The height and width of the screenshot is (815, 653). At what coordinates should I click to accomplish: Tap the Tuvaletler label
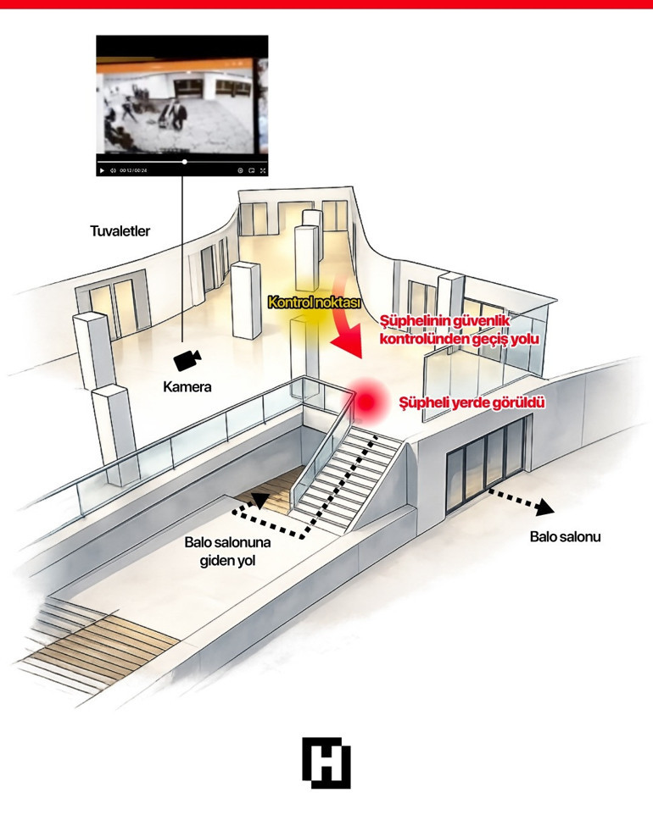point(120,231)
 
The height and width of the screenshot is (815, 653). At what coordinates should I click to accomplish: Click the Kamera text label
point(187,386)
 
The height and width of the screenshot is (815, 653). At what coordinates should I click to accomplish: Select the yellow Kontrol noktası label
point(314,302)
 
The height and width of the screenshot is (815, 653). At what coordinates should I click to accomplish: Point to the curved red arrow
point(348,317)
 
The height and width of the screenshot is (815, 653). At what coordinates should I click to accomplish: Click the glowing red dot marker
point(367,402)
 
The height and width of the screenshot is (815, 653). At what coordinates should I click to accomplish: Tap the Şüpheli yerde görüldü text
point(472,402)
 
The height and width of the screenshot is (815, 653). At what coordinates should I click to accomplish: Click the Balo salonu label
point(565,536)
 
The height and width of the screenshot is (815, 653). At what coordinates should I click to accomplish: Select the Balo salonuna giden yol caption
point(228,552)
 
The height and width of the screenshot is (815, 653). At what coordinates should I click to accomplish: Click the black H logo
point(326,762)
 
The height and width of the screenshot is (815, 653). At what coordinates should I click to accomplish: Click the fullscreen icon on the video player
point(263,170)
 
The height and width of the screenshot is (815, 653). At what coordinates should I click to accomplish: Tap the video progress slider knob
point(185,162)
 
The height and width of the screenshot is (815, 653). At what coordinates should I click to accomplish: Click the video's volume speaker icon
point(113,170)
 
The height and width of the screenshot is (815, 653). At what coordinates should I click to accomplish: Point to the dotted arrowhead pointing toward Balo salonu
point(544,507)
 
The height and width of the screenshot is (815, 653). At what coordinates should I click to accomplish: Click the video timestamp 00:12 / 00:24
point(134,170)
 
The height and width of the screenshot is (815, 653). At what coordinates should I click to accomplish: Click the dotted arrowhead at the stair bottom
point(260,500)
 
